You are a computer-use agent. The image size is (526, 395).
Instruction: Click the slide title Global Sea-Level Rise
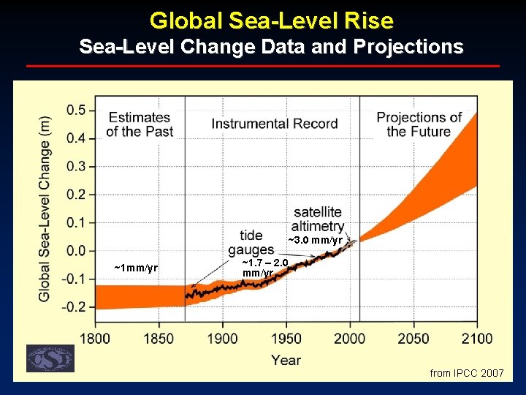(x=271, y=20)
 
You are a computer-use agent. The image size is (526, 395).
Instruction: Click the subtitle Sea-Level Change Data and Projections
(x=271, y=48)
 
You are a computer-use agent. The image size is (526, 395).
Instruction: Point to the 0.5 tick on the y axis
(x=76, y=110)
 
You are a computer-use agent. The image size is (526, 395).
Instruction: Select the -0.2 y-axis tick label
(x=74, y=306)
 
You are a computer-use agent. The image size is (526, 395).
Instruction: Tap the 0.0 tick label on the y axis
(x=76, y=250)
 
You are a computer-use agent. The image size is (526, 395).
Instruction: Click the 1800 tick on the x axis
(x=95, y=338)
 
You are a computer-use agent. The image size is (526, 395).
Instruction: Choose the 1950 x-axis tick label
(x=286, y=338)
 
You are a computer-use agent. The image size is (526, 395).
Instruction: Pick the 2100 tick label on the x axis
(x=477, y=338)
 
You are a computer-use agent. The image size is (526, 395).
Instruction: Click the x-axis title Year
(x=286, y=359)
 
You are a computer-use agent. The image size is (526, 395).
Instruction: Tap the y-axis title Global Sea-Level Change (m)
(x=45, y=208)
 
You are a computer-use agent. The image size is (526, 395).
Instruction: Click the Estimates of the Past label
(x=139, y=124)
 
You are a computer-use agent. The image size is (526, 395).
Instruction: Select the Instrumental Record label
(x=275, y=124)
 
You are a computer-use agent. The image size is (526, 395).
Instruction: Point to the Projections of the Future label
(x=419, y=124)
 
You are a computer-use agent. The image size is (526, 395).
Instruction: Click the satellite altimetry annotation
(x=317, y=219)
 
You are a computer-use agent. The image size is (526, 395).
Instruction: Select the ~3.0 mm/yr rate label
(x=315, y=241)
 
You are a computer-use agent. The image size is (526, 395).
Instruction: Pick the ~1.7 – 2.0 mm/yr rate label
(x=265, y=268)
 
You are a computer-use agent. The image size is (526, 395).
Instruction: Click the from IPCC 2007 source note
(x=467, y=373)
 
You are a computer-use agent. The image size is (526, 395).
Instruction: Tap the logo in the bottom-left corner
(x=50, y=358)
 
